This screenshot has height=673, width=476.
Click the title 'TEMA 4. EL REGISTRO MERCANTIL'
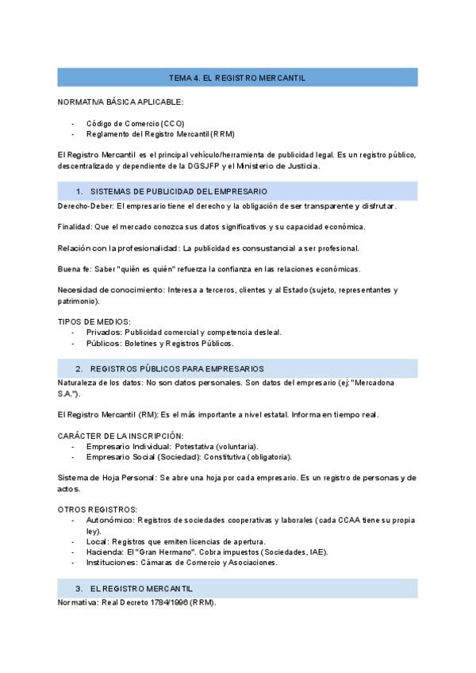237,77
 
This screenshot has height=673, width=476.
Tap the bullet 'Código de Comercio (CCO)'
135,124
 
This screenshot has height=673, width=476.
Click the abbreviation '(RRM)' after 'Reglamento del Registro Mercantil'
223,134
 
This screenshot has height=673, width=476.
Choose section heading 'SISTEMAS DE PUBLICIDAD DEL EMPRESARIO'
178,191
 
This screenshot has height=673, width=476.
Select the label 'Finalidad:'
75,227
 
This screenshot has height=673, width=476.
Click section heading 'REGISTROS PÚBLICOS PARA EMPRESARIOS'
177,369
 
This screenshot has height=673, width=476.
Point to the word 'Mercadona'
373,383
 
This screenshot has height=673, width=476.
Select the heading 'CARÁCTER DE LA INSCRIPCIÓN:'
121,436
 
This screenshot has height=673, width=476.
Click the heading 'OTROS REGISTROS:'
98,509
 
